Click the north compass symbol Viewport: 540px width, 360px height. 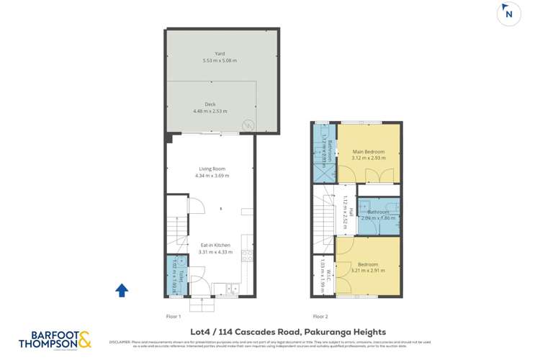[x=509, y=14]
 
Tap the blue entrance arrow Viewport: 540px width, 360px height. [x=122, y=290]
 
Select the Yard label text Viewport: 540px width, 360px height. [x=220, y=53]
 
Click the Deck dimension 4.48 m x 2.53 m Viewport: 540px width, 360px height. [x=210, y=112]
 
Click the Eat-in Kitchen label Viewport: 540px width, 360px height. [x=215, y=245]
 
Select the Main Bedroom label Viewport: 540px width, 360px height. [x=368, y=152]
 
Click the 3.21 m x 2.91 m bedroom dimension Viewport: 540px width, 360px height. [x=368, y=271]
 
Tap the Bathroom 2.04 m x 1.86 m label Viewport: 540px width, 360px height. [x=379, y=215]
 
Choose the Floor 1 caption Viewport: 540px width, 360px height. [x=174, y=316]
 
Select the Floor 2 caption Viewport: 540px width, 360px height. [x=320, y=316]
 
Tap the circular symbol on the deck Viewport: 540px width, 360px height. [x=247, y=125]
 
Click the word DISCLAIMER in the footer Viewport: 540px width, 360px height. [x=120, y=342]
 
